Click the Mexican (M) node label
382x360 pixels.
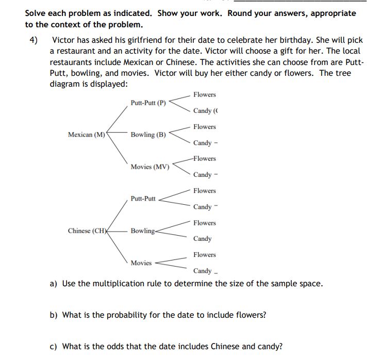coord(87,135)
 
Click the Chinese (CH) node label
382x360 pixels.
coord(87,231)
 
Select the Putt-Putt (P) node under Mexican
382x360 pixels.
coord(148,103)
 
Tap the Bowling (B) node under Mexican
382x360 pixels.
coord(148,135)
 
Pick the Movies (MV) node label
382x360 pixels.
coord(150,167)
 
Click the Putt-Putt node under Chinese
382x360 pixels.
coord(143,199)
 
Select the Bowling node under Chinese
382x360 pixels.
coord(143,231)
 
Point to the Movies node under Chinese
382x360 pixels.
coord(141,263)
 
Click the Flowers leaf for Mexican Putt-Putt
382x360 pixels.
coord(205,95)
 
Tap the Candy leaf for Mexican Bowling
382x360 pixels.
coord(203,143)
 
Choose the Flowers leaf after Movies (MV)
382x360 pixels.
coord(205,159)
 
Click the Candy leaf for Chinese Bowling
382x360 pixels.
coord(203,239)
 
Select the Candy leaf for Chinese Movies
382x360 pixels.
coord(203,271)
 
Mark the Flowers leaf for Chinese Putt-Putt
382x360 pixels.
coord(205,191)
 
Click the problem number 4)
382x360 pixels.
coord(33,40)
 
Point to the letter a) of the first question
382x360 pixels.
coord(53,283)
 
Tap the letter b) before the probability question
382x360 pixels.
coord(54,315)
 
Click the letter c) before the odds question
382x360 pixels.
coord(53,346)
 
